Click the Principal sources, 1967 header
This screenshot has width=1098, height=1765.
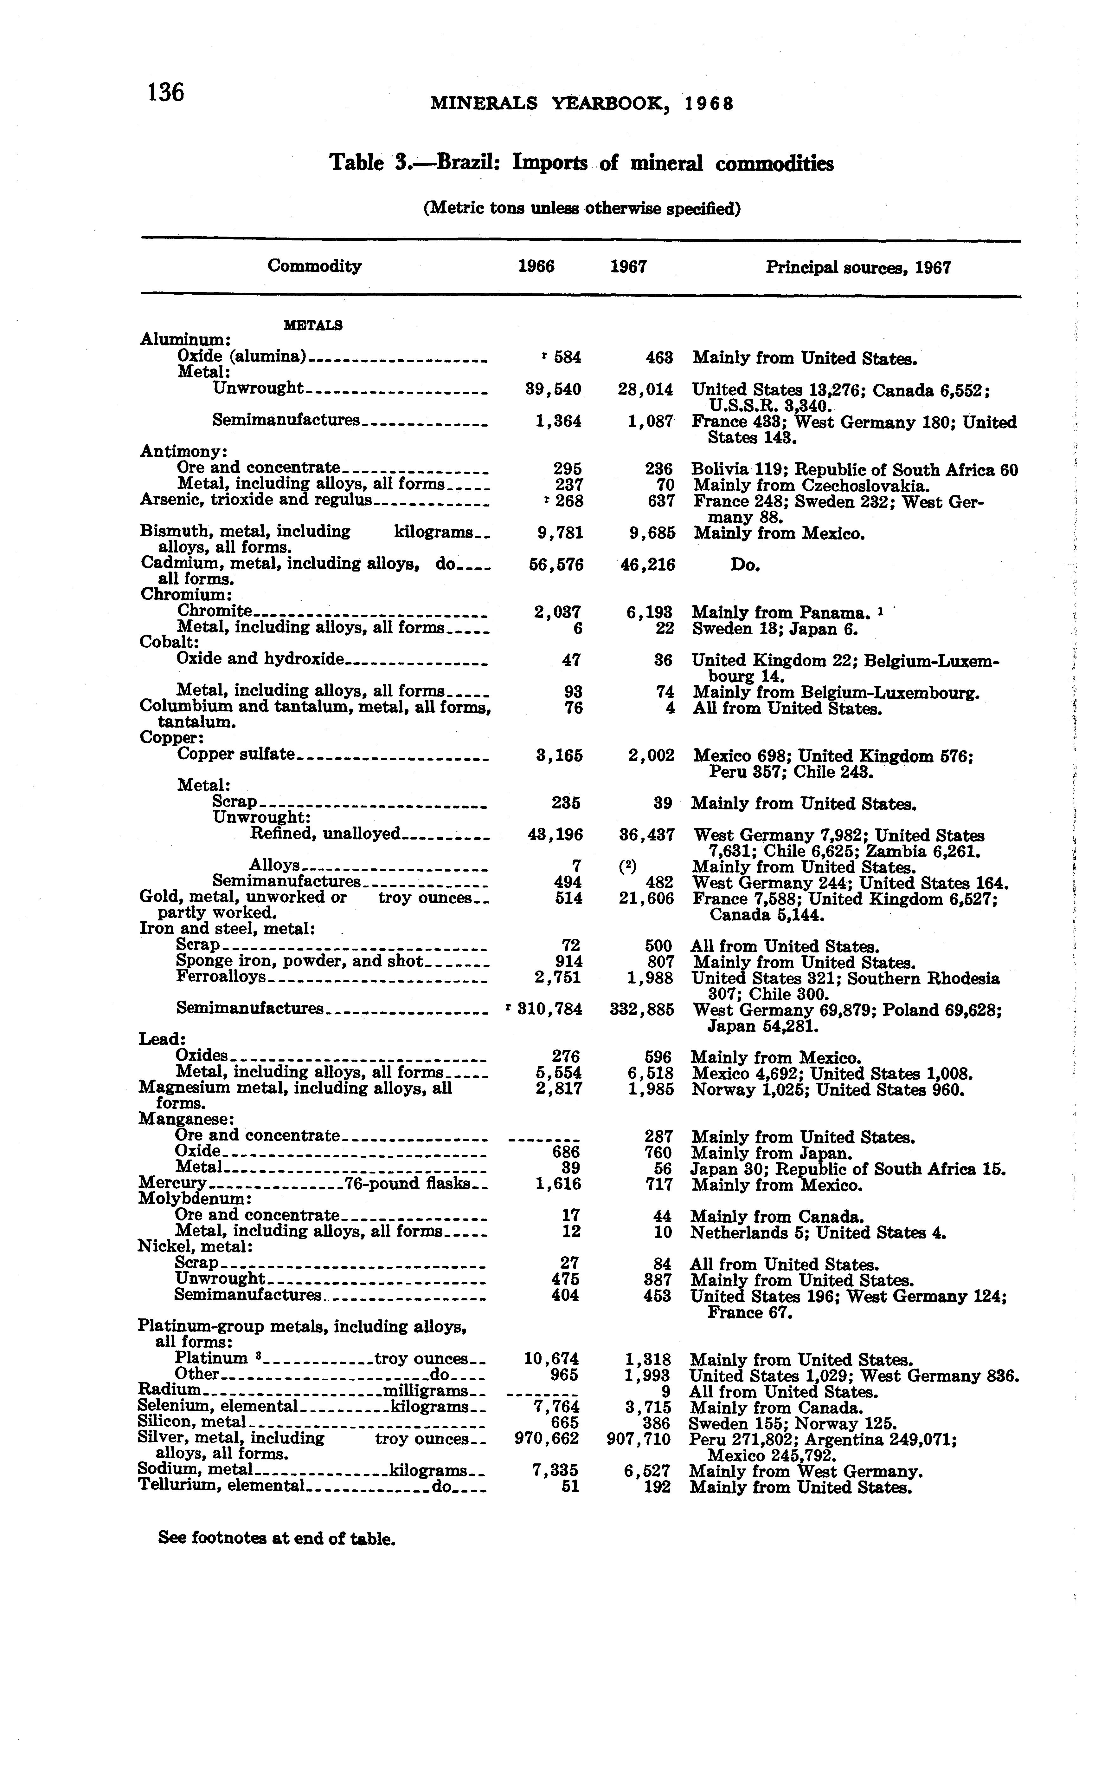point(857,268)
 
